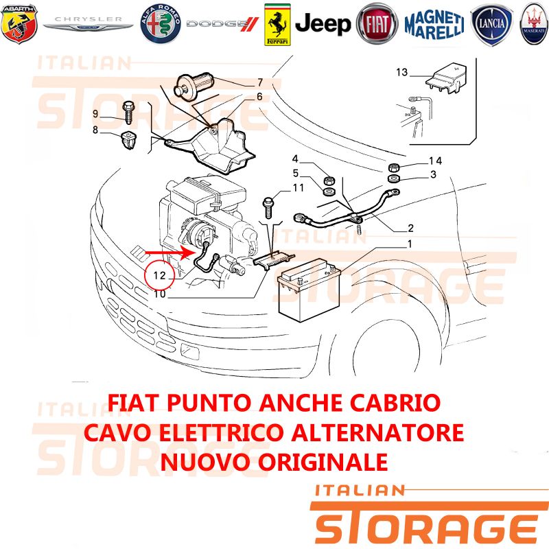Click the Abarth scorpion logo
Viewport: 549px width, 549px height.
pyautogui.click(x=19, y=23)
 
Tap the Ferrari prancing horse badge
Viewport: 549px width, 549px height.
pyautogui.click(x=277, y=25)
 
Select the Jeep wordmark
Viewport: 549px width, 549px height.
pyautogui.click(x=323, y=24)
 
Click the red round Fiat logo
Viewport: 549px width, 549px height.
pyautogui.click(x=377, y=24)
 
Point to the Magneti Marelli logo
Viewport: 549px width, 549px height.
pyautogui.click(x=434, y=25)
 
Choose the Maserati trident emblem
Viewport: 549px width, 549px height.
pyautogui.click(x=535, y=24)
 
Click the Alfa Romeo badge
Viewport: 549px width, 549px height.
pyautogui.click(x=161, y=24)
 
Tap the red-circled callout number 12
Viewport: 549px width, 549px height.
pyautogui.click(x=159, y=275)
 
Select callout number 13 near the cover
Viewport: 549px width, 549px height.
pyautogui.click(x=402, y=72)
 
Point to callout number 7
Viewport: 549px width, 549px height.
pyautogui.click(x=260, y=82)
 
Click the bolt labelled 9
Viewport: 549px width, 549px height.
pyautogui.click(x=128, y=112)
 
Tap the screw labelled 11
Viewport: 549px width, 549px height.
pyautogui.click(x=269, y=208)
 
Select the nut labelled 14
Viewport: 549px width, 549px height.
pyautogui.click(x=394, y=167)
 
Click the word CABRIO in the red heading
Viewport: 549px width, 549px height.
pyautogui.click(x=395, y=403)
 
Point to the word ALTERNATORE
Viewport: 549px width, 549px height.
pyautogui.click(x=377, y=432)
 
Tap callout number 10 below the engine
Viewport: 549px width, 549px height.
pyautogui.click(x=160, y=294)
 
